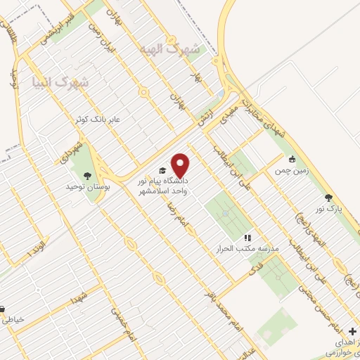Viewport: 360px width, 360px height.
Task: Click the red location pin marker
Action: click(x=181, y=165)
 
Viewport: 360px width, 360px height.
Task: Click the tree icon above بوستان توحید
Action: click(x=87, y=175)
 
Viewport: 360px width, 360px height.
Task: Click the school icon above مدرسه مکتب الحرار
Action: click(x=247, y=238)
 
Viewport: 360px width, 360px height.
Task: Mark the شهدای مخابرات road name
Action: click(x=257, y=112)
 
